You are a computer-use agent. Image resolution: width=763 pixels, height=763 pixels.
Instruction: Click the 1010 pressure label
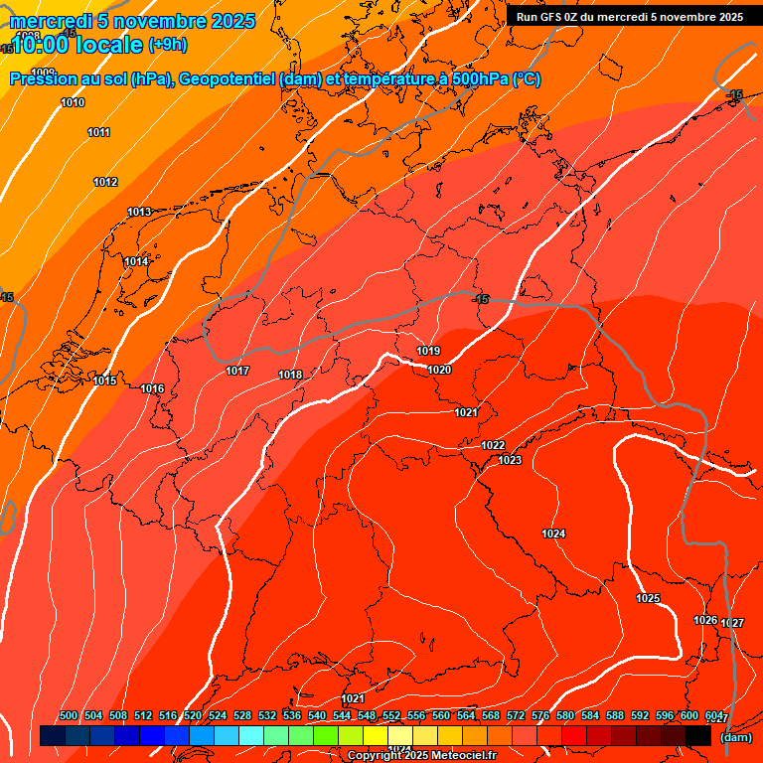[73, 102]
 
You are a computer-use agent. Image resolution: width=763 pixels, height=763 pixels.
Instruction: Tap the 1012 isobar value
[105, 182]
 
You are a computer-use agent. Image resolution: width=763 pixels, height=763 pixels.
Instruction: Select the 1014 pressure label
[136, 261]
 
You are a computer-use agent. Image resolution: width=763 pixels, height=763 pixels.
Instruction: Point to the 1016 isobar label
[152, 388]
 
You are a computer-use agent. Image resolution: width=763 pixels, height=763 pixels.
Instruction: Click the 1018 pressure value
[290, 375]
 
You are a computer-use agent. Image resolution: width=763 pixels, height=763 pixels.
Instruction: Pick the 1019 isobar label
[428, 351]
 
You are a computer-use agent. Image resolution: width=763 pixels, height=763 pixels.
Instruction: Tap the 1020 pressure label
[439, 370]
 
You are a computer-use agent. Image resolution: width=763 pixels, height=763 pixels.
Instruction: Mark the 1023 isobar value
[510, 460]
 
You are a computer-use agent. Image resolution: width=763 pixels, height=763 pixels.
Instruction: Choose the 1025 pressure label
[648, 598]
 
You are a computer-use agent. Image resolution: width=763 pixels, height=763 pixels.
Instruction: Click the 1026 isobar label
[705, 620]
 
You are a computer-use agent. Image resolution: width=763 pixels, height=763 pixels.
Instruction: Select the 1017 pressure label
[237, 371]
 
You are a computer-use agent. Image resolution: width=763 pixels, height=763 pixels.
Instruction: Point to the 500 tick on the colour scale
[69, 715]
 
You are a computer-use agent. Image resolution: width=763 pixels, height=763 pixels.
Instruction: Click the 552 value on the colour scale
[391, 715]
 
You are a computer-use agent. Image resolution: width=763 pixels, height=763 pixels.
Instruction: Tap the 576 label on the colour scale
[540, 715]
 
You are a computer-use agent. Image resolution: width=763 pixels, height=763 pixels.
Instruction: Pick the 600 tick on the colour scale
[689, 715]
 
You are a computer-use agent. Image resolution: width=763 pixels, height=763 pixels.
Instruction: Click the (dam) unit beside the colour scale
[735, 737]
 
